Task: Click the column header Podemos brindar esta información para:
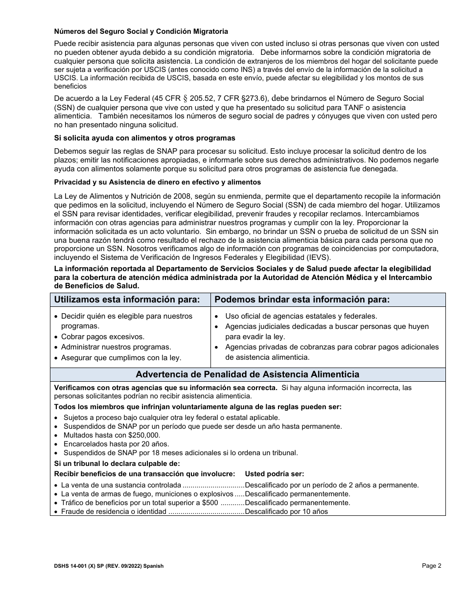tap(302, 300)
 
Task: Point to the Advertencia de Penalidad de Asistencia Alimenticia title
tap(247, 374)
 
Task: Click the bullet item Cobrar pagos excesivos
tap(102, 337)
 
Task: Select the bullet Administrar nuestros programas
tap(116, 347)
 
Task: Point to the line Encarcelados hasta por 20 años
tap(116, 444)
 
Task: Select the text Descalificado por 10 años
tap(286, 511)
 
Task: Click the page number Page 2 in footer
tap(432, 566)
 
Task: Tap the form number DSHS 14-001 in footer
tap(71, 566)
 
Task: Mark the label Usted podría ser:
tap(274, 474)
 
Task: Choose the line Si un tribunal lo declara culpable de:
tap(117, 463)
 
